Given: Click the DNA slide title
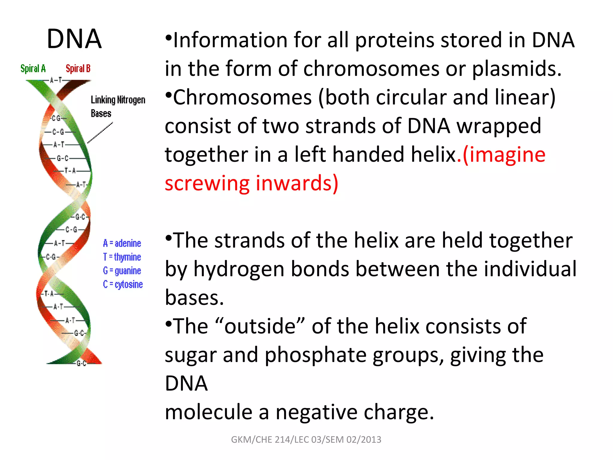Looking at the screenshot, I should (x=74, y=39).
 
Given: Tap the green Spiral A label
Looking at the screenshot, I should (x=33, y=69).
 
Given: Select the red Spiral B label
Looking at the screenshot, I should (x=78, y=69).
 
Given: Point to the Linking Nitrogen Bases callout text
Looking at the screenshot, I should (x=118, y=106).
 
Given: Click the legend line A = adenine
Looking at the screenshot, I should (x=122, y=243).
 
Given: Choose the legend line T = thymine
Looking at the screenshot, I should (x=122, y=257).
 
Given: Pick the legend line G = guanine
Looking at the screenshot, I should (x=122, y=271).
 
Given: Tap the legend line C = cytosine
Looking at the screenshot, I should (x=123, y=284).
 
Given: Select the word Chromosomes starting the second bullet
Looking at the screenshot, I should (x=242, y=98).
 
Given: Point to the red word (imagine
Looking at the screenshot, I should (x=504, y=155).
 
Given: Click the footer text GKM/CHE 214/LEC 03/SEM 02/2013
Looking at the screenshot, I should (x=306, y=439).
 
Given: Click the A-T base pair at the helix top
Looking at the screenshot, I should (x=56, y=80).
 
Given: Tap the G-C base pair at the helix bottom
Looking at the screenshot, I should (x=81, y=364).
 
